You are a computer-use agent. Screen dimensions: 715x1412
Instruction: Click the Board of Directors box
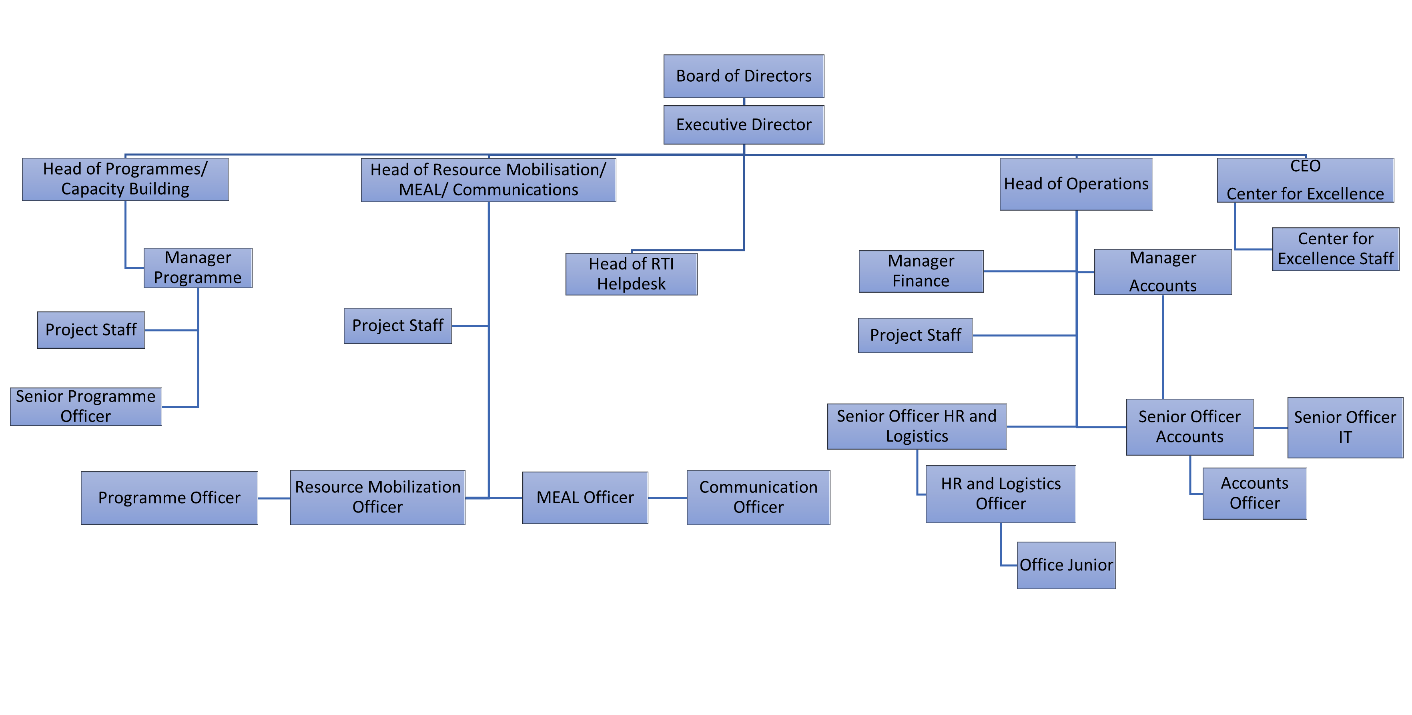click(743, 76)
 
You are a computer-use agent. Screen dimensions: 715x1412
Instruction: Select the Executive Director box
click(743, 125)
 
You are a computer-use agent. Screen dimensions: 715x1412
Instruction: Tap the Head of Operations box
click(1075, 184)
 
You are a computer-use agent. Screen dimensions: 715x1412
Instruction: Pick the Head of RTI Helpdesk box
click(631, 274)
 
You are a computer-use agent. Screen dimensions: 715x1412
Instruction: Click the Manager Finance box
click(921, 271)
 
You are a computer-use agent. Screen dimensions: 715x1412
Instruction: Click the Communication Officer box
click(758, 497)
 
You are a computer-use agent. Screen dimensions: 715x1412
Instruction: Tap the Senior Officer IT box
click(1345, 428)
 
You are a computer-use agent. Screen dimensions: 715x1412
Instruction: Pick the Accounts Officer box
click(1254, 494)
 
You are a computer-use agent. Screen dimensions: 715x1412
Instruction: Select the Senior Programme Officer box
click(86, 407)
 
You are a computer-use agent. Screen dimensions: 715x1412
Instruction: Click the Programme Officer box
click(169, 498)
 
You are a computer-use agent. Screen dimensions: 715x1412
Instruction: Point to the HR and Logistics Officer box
click(1000, 494)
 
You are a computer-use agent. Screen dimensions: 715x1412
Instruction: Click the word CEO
click(1305, 166)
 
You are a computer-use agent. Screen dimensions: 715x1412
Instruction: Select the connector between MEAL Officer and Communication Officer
click(667, 498)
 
